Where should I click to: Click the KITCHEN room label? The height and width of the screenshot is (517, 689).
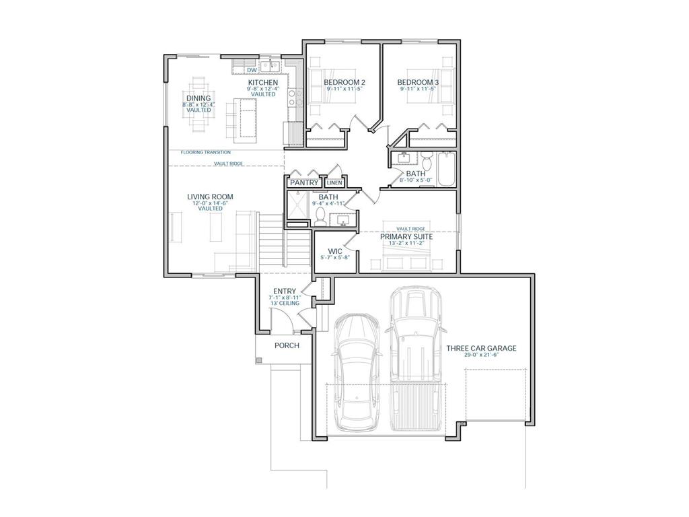[x=262, y=82]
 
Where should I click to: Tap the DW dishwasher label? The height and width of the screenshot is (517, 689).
[x=251, y=70]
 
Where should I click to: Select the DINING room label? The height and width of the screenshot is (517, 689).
[x=198, y=98]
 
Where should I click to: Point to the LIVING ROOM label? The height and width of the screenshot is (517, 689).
[x=210, y=197]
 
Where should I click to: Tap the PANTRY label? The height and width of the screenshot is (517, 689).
[x=303, y=182]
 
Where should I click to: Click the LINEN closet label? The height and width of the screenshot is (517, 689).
[x=334, y=182]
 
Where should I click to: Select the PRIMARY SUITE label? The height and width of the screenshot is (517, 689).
[x=406, y=237]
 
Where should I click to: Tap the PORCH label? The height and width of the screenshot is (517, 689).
[x=287, y=345]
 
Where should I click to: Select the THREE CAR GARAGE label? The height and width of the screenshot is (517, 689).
[x=481, y=348]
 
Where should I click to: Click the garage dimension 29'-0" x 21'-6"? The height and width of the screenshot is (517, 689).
[x=481, y=355]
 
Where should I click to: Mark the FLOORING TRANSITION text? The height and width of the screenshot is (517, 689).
[x=205, y=152]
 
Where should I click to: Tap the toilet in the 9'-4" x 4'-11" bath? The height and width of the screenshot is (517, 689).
[x=320, y=215]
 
